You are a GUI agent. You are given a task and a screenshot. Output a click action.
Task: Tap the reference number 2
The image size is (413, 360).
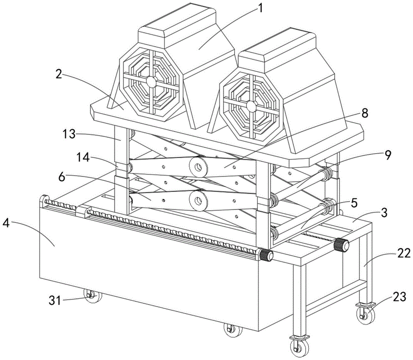(59, 74)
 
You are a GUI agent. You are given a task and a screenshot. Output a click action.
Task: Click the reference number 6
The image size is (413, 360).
(62, 177)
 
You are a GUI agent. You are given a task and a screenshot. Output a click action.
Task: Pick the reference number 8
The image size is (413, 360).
(364, 113)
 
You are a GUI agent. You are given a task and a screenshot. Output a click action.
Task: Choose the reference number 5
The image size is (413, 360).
(354, 203)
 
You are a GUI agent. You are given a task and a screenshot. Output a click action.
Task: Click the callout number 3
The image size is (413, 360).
(384, 213)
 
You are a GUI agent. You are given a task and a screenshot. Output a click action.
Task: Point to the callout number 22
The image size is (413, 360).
(403, 253)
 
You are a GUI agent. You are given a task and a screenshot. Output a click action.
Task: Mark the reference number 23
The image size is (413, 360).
(399, 297)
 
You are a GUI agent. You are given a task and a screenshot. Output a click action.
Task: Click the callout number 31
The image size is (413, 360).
(55, 300)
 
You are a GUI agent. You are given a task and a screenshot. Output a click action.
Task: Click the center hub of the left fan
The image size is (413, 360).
(152, 82)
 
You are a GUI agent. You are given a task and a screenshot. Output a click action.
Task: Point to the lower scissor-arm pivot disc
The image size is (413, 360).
(198, 201)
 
